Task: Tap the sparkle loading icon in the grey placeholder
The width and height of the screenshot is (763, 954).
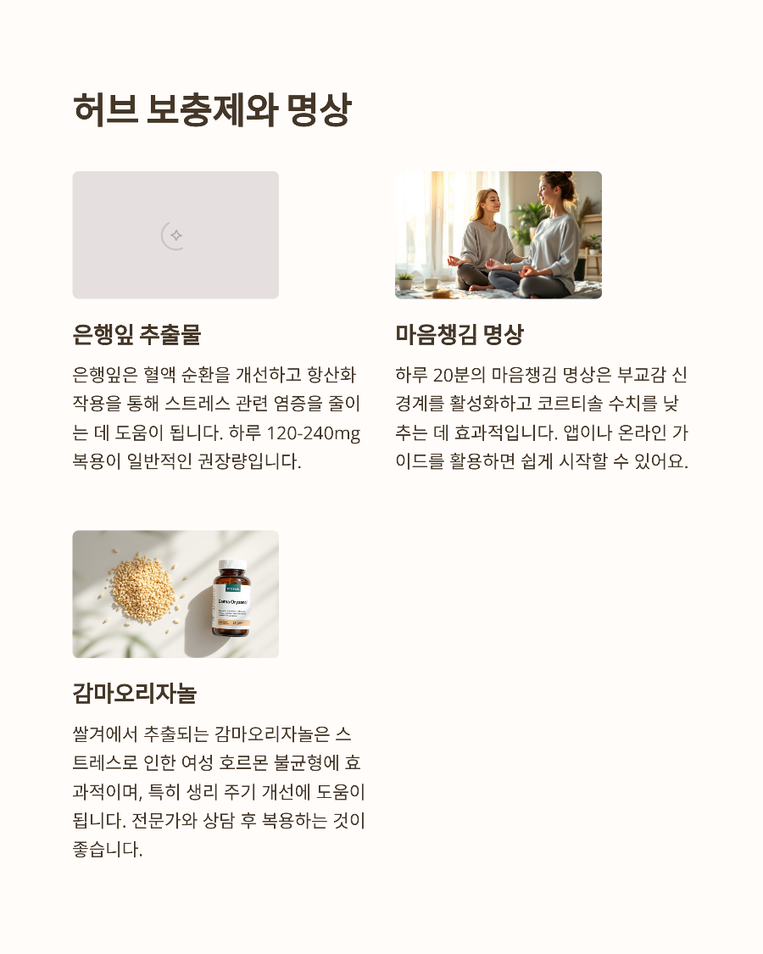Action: pyautogui.click(x=175, y=235)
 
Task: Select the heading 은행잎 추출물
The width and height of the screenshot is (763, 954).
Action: pyautogui.click(x=136, y=334)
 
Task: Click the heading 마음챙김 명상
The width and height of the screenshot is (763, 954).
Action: pyautogui.click(x=459, y=334)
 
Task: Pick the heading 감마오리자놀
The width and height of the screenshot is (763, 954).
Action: pyautogui.click(x=135, y=694)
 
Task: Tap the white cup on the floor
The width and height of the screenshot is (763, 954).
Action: pyautogui.click(x=432, y=283)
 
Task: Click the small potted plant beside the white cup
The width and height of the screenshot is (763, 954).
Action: pyautogui.click(x=405, y=280)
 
